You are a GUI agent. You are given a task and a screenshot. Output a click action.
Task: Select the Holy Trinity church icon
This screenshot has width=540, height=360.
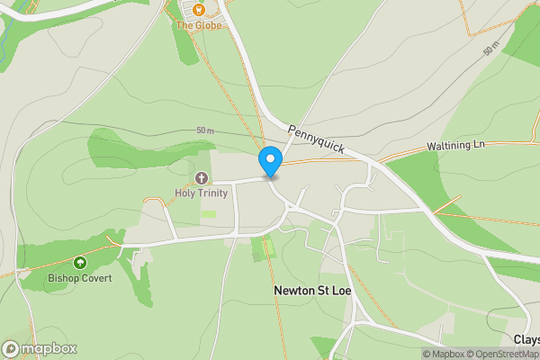pyautogui.click(x=201, y=178)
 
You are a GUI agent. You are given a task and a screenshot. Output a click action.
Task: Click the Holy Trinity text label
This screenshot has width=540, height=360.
pyautogui.click(x=201, y=193)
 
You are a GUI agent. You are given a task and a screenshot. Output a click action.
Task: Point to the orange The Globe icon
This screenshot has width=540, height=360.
pyautogui.click(x=199, y=10)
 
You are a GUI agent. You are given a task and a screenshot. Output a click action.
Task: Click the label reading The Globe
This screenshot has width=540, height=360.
pyautogui.click(x=198, y=25)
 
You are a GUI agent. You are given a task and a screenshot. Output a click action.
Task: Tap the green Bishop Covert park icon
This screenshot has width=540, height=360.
pyautogui.click(x=80, y=263)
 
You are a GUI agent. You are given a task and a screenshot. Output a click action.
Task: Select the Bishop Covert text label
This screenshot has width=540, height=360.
pyautogui.click(x=80, y=278)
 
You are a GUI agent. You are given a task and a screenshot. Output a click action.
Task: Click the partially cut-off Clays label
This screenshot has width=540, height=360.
pyautogui.click(x=526, y=339)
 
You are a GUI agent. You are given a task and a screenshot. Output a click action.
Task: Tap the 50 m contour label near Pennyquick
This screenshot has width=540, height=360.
pyautogui.click(x=206, y=130)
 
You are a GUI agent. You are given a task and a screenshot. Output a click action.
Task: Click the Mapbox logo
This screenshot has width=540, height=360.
pyautogui.click(x=40, y=348)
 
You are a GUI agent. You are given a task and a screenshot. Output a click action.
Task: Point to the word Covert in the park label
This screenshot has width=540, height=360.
pyautogui.click(x=95, y=278)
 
